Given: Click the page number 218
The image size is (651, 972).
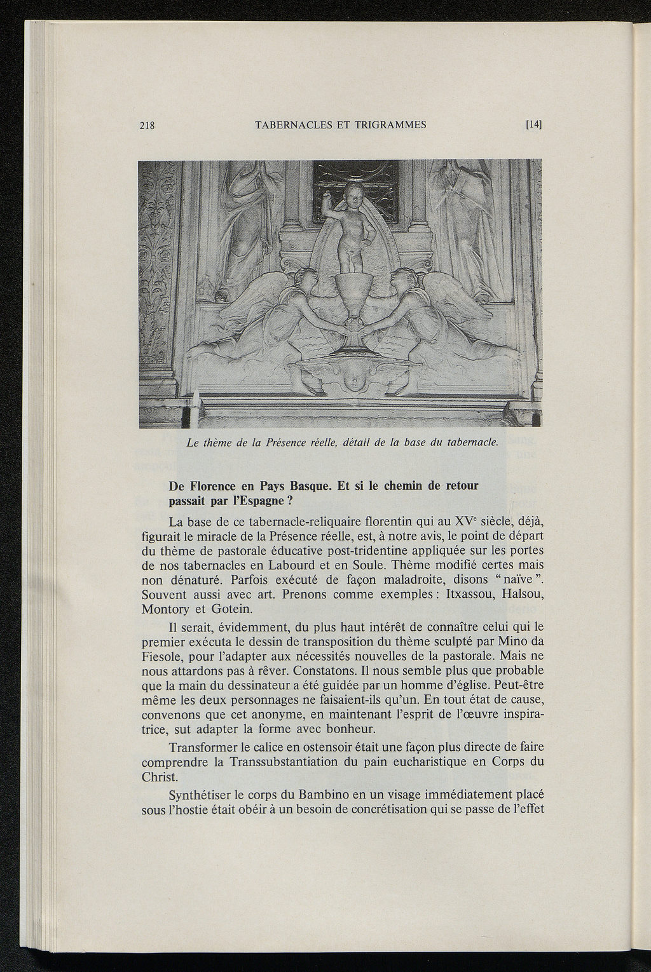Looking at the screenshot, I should pos(147,126).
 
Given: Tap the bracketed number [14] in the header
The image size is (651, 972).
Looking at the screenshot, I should pos(533,125).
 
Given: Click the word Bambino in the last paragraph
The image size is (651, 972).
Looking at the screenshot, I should pos(320,795).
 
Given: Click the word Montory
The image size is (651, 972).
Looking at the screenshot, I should pos(165,609).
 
